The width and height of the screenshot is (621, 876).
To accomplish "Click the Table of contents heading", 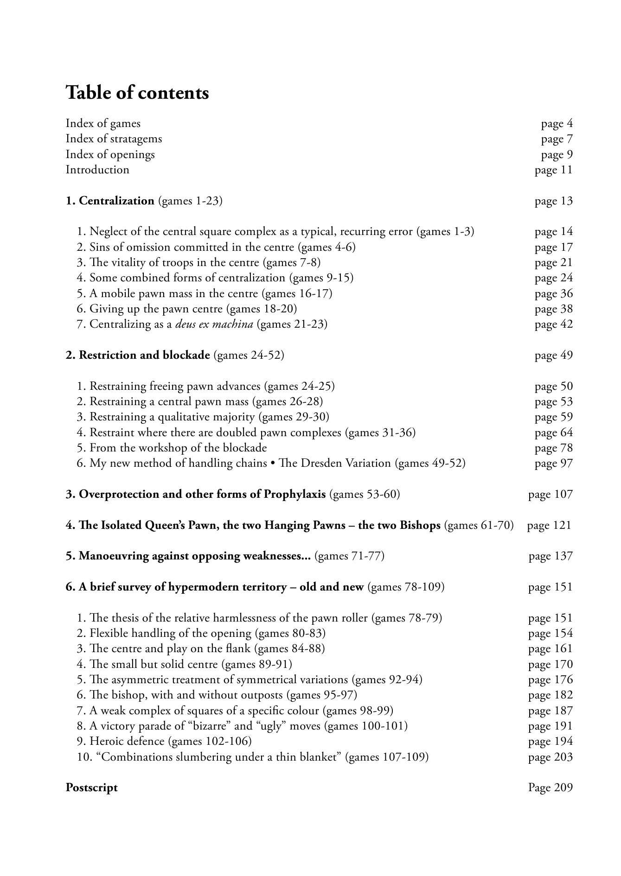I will tap(137, 93).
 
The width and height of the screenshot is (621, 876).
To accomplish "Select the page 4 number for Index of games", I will tap(557, 124).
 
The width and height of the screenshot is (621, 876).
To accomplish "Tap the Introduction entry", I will tap(97, 170).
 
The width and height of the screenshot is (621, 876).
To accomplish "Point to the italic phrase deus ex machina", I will tap(214, 324).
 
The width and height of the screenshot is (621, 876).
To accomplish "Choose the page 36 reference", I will tap(553, 294).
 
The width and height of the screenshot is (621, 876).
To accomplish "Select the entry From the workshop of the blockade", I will tap(172, 448).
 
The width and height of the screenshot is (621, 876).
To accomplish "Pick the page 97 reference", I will tap(553, 463).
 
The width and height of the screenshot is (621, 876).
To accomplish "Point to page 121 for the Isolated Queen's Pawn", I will tap(549, 526).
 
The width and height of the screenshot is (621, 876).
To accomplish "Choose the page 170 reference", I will tap(551, 665).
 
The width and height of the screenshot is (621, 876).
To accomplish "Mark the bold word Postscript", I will tap(91, 788).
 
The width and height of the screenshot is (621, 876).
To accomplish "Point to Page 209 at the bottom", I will tap(551, 788).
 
